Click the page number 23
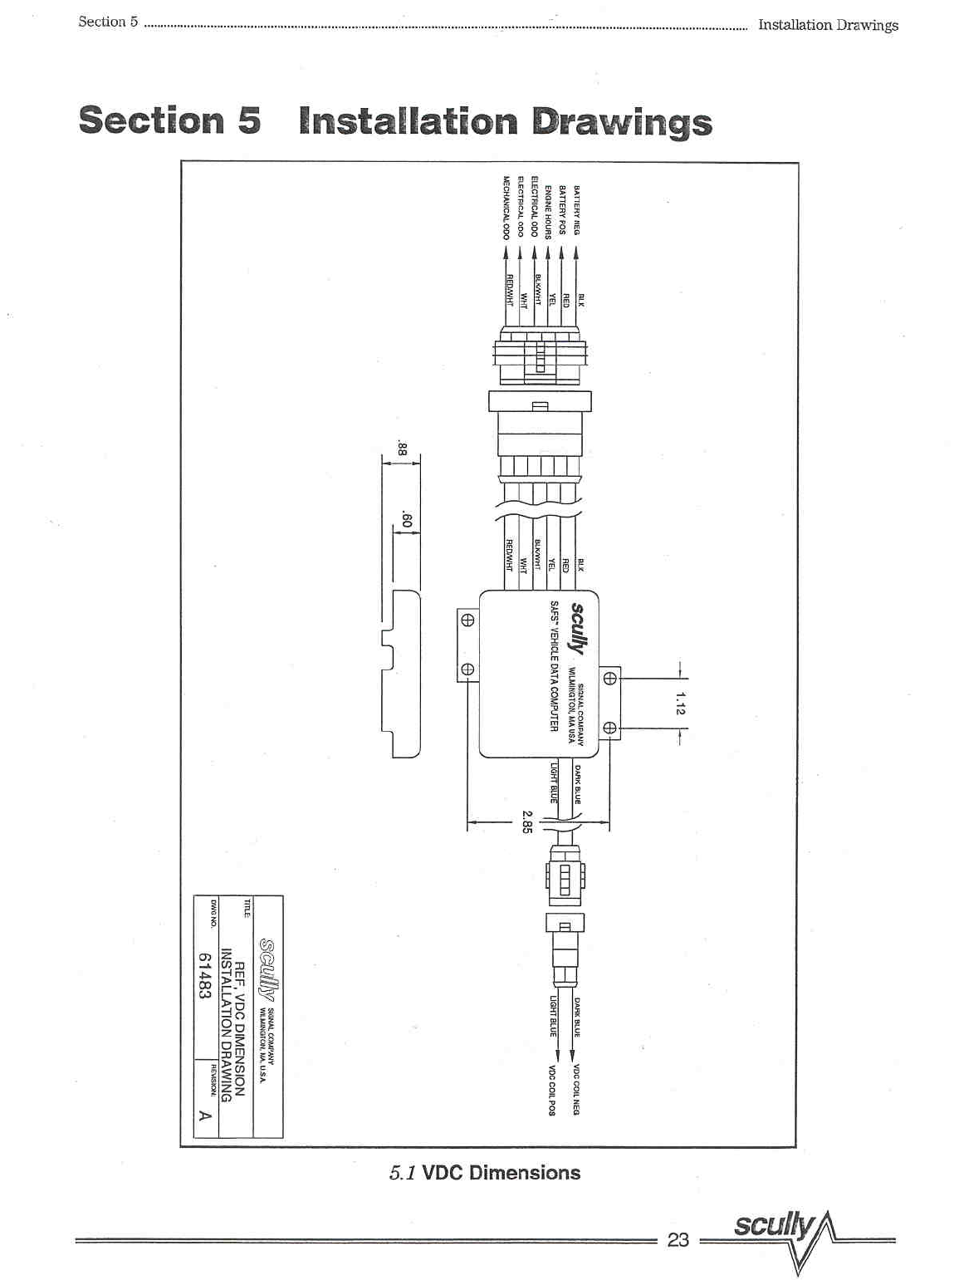pyautogui.click(x=678, y=1239)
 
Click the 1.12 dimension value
pyautogui.click(x=680, y=703)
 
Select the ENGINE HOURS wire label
pyautogui.click(x=548, y=212)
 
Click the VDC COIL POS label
pyautogui.click(x=550, y=1090)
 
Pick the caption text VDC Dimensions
pyautogui.click(x=501, y=1172)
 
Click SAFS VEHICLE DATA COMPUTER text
pyautogui.click(x=553, y=665)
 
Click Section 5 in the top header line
pyautogui.click(x=108, y=22)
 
